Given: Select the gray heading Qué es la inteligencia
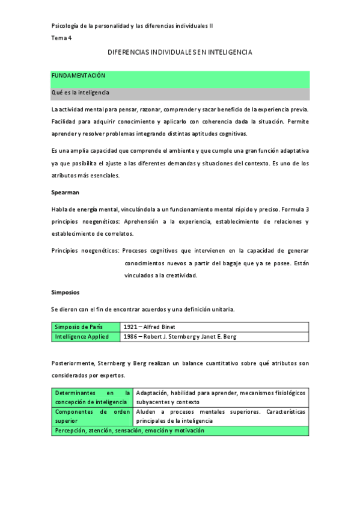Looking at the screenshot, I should pyautogui.click(x=81, y=93).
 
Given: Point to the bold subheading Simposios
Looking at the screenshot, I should pyautogui.click(x=66, y=292).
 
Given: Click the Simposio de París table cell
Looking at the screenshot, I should pyautogui.click(x=85, y=327).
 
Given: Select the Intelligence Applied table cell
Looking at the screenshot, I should pyautogui.click(x=85, y=337).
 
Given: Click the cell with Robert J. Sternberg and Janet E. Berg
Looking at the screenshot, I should pyautogui.click(x=190, y=337).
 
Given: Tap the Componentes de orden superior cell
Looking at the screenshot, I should pyautogui.click(x=92, y=416).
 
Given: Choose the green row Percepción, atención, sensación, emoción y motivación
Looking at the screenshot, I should pyautogui.click(x=129, y=431).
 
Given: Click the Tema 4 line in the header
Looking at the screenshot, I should pyautogui.click(x=61, y=38).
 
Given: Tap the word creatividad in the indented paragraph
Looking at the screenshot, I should pyautogui.click(x=179, y=275).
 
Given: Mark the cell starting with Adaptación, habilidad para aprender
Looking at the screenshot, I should pyautogui.click(x=221, y=397).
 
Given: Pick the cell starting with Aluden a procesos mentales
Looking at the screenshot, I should pyautogui.click(x=221, y=416).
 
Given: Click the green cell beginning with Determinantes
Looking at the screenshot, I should pyautogui.click(x=92, y=397).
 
